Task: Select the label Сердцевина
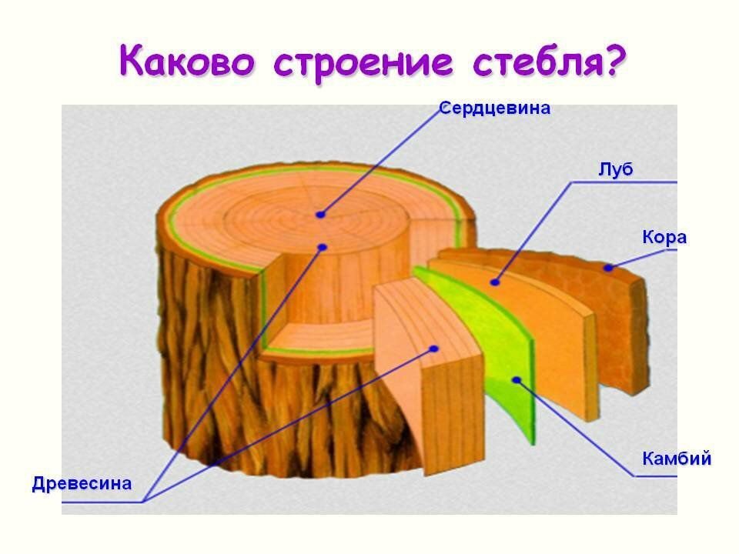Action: (494, 108)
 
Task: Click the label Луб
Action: (615, 169)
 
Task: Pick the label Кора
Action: (664, 238)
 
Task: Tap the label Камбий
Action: (676, 459)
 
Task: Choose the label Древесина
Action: (82, 484)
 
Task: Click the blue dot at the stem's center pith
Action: (320, 215)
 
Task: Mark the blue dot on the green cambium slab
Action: (517, 379)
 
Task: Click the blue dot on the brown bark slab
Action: (608, 268)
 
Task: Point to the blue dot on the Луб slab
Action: (495, 282)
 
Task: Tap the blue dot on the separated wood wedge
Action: (434, 349)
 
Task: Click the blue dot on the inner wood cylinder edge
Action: (323, 247)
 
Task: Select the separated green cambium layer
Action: (493, 346)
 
